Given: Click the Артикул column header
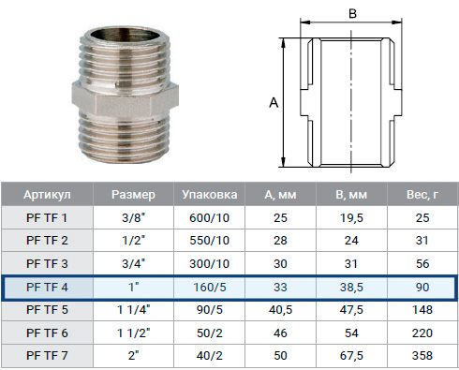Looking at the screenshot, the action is coord(47,195).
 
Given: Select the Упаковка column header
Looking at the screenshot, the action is coord(210,195).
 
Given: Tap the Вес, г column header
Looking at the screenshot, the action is coord(422,195).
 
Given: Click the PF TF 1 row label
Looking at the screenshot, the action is coord(47,218).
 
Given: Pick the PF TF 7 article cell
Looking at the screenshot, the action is coord(47,356).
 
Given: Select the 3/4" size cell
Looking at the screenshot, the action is coord(134,263).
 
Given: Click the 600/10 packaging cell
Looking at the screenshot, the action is coord(210,218).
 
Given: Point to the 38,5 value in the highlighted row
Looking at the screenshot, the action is coord(351,288).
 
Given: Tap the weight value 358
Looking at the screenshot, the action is coord(422,356).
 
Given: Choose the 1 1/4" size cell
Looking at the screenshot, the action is coord(134,310).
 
